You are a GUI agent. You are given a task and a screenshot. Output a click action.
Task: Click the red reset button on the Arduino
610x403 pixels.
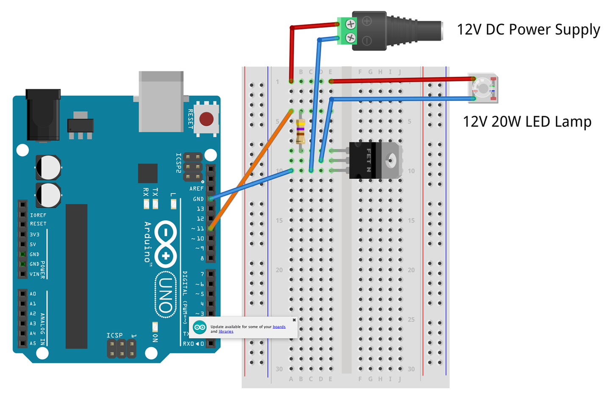206,119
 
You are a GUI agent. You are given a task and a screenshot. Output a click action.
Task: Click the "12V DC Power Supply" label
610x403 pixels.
528,29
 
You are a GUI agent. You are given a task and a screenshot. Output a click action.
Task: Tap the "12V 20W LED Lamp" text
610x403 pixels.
527,122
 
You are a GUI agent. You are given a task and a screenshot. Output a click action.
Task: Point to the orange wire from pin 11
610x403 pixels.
250,170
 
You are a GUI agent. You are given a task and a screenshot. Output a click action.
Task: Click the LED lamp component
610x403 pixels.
483,88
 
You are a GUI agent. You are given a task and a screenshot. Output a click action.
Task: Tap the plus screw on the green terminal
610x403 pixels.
350,24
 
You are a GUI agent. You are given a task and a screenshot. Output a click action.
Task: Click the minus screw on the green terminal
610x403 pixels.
350,38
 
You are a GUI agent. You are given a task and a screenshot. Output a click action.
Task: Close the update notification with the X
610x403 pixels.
294,320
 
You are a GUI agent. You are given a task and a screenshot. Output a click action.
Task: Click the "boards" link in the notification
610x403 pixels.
279,327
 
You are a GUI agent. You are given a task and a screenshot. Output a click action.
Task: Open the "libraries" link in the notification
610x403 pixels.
226,331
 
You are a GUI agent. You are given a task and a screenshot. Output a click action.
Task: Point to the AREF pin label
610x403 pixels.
196,189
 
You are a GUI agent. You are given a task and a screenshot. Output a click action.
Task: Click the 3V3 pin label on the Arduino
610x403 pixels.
34,234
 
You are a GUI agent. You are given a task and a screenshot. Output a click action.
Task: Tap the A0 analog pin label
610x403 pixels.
33,294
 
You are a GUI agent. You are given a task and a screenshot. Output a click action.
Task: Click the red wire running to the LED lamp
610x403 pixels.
402,80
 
